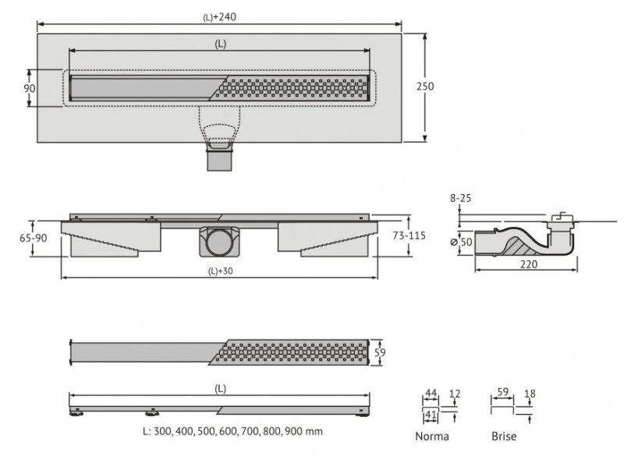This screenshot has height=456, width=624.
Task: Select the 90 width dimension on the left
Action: [30, 88]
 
